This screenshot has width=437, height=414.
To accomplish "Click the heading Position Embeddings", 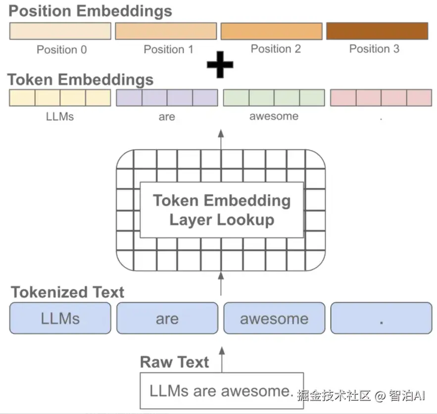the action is click(90, 11).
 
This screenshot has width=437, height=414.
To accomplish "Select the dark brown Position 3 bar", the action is click(377, 31).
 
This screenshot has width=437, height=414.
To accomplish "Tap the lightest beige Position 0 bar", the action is click(60, 31).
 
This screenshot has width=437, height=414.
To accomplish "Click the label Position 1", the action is click(168, 49).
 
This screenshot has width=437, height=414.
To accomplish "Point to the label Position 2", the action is click(276, 49).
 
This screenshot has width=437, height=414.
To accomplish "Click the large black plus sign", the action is click(220, 65).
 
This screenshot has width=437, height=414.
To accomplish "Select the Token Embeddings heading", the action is click(81, 80).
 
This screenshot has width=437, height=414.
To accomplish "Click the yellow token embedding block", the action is click(60, 98).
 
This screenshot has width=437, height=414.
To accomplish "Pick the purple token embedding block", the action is click(167, 98).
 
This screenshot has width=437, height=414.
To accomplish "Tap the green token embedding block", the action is click(274, 98).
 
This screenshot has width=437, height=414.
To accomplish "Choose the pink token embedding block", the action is click(381, 98).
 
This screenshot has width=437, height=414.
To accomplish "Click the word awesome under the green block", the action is click(274, 116).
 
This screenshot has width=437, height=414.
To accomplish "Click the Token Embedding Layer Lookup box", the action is click(222, 210).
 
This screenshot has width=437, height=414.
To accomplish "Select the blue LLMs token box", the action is click(60, 318).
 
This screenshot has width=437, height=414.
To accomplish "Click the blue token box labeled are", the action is click(167, 318).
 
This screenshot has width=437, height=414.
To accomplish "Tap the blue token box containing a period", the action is click(381, 318).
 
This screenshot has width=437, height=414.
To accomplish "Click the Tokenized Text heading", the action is click(67, 292).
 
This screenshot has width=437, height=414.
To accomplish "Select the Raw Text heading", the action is click(175, 362).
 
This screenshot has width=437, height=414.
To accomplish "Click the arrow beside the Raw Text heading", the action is click(222, 360).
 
